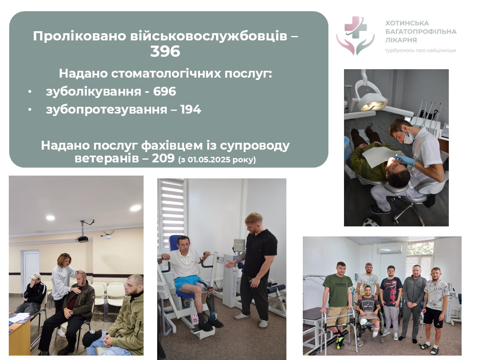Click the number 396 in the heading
tap(165, 52)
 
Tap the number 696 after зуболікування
tap(164, 91)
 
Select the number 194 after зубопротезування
tap(191, 110)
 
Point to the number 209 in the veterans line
tap(163, 158)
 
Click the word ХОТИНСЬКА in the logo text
tap(407, 23)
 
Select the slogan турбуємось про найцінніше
tap(420, 50)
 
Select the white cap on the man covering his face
tap(36, 276)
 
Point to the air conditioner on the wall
tap(391, 249)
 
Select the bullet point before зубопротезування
tap(30, 110)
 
